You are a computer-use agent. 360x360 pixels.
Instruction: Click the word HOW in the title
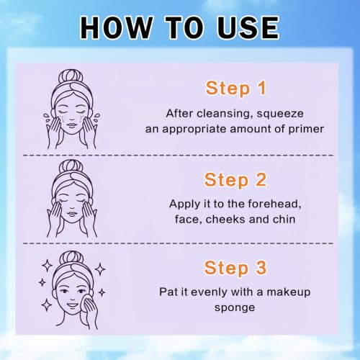(x=117, y=27)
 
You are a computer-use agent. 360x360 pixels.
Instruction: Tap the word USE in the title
(x=248, y=27)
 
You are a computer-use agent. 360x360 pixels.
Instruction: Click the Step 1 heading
(x=235, y=89)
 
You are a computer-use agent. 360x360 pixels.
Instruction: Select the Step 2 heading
(x=235, y=180)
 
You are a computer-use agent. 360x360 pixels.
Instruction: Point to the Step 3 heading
(x=235, y=269)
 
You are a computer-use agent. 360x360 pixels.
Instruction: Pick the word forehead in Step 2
(x=274, y=204)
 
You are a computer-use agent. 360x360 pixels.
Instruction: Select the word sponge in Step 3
(x=235, y=308)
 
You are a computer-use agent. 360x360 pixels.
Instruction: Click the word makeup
(x=289, y=292)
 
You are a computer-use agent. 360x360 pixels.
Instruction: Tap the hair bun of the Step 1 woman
(x=71, y=77)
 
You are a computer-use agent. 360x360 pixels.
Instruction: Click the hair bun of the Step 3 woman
(x=71, y=258)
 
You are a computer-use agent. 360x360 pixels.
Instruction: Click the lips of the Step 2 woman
(x=71, y=213)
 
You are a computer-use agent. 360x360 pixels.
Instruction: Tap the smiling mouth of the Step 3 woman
(x=73, y=305)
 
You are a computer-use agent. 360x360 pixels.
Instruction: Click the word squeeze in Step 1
(x=280, y=114)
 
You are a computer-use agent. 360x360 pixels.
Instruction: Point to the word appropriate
(x=194, y=130)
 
